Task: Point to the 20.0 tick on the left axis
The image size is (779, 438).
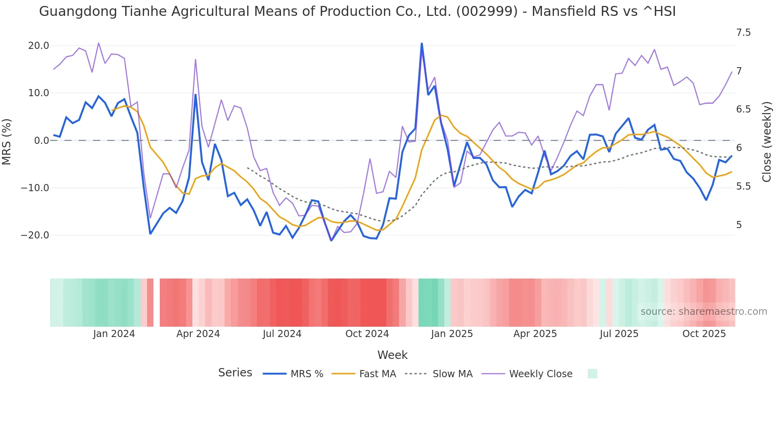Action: pos(39,46)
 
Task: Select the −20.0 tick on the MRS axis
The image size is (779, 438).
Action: pos(35,235)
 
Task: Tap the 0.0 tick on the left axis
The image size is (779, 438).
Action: pos(41,141)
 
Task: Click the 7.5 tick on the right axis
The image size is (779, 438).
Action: pos(743,33)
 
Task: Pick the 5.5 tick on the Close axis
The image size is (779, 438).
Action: pos(743,186)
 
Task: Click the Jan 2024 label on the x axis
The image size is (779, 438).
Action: pos(114,334)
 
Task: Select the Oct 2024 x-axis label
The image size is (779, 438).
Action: pos(367,334)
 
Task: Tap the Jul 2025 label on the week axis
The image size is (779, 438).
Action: pos(619,334)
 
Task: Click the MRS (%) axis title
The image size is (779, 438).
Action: pos(7,141)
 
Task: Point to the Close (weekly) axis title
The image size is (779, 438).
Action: pos(767,142)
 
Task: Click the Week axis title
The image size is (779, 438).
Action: pos(392,355)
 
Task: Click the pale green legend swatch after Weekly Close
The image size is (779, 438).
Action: pos(592,374)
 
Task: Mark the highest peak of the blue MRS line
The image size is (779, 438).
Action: pos(422,43)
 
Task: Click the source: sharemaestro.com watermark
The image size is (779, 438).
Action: pos(703,312)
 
